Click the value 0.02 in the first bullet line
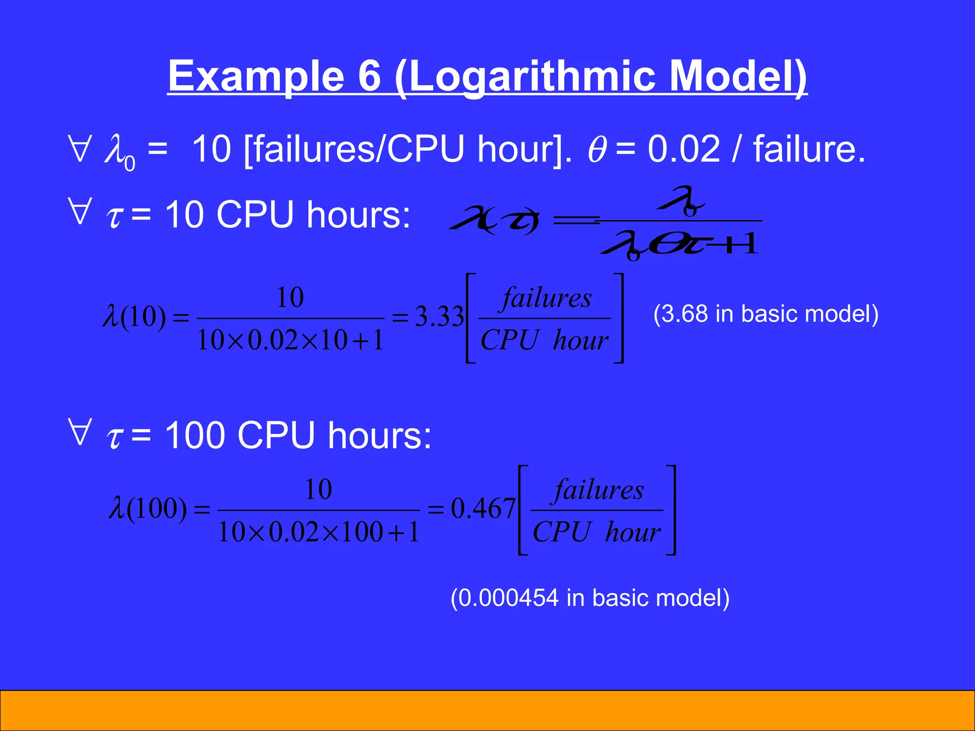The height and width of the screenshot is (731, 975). point(684,149)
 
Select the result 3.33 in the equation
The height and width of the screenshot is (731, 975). point(439,316)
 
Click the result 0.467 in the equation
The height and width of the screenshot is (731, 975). point(483,508)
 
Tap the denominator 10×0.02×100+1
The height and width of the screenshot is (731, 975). point(318,532)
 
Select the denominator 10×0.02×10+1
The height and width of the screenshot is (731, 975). point(290,340)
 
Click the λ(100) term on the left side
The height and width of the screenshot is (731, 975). point(148,508)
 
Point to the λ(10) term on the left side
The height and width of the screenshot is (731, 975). point(134,316)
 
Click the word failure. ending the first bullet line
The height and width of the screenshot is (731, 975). point(809,149)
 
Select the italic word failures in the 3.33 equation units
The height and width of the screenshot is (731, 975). point(547,299)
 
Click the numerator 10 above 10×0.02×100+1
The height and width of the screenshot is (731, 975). point(318,489)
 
